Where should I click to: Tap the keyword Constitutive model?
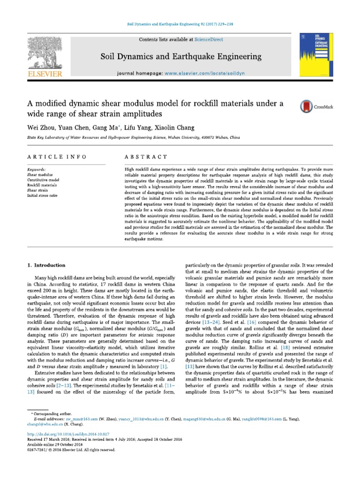pyautogui.click(x=43, y=180)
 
